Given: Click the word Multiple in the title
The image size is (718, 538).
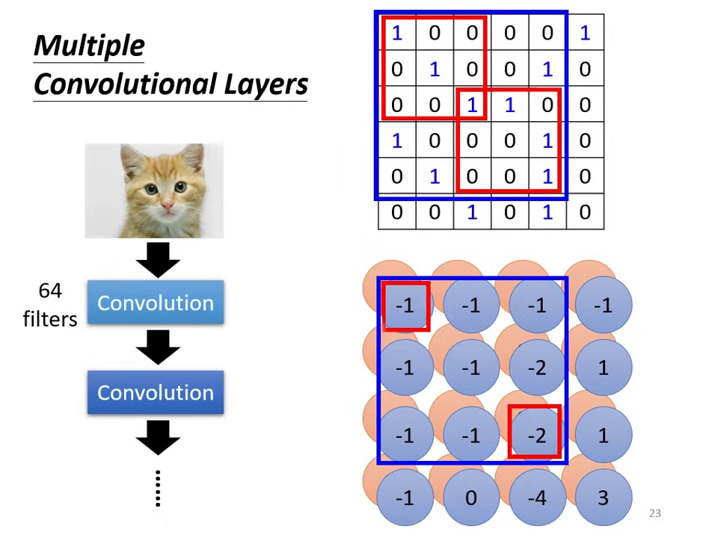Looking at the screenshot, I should (x=89, y=46).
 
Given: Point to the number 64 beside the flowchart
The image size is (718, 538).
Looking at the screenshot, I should (x=50, y=290).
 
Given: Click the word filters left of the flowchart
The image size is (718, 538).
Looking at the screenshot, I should (x=50, y=319).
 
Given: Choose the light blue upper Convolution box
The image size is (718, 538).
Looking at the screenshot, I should (x=156, y=303).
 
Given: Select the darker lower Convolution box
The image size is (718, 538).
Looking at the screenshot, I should (x=156, y=392).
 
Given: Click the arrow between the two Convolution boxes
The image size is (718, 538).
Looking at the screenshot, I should (x=158, y=347).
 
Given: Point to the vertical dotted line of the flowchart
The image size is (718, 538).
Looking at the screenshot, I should (x=158, y=489).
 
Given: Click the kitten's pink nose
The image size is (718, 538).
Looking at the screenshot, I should (x=167, y=202).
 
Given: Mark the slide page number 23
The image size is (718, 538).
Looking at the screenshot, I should (x=655, y=513).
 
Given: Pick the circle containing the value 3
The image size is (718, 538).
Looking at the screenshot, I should (x=603, y=498).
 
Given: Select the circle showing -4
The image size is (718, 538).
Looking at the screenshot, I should (x=536, y=498).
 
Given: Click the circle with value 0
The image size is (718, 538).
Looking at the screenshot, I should (x=470, y=498).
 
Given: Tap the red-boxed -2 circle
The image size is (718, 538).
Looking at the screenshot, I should (x=536, y=433).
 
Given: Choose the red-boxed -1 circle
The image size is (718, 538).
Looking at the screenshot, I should (x=405, y=306).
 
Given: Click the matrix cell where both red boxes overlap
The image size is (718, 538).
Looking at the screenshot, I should (x=472, y=105).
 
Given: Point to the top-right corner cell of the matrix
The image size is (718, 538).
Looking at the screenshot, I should (x=585, y=32).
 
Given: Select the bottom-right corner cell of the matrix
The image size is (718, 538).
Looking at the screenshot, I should (x=585, y=212).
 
